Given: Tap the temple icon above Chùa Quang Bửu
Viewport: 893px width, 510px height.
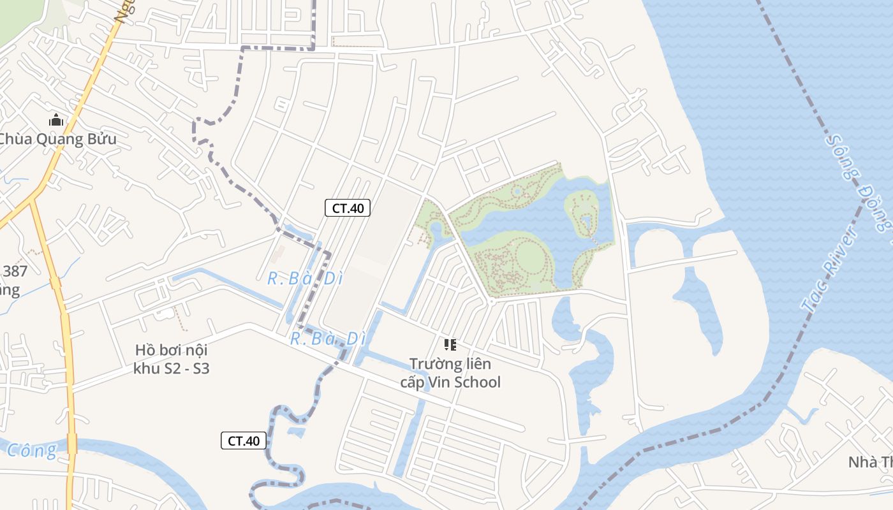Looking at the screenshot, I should pyautogui.click(x=56, y=120).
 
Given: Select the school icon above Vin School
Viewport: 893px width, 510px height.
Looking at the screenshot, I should pyautogui.click(x=450, y=345).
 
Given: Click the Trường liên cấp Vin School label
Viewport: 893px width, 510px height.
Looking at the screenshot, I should pyautogui.click(x=450, y=373).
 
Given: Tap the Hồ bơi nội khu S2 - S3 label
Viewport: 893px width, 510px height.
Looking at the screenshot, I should pyautogui.click(x=172, y=359).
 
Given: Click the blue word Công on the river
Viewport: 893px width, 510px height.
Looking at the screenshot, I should pyautogui.click(x=32, y=450).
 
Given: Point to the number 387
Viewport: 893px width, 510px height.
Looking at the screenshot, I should pyautogui.click(x=15, y=272).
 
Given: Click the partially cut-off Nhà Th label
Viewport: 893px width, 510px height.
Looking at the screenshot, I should pyautogui.click(x=870, y=462).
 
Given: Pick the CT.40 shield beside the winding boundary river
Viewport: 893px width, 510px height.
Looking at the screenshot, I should pyautogui.click(x=244, y=441).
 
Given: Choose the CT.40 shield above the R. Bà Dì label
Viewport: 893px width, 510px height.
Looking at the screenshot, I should pyautogui.click(x=348, y=208).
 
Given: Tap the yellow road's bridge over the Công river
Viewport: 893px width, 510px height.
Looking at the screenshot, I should pyautogui.click(x=72, y=443).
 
